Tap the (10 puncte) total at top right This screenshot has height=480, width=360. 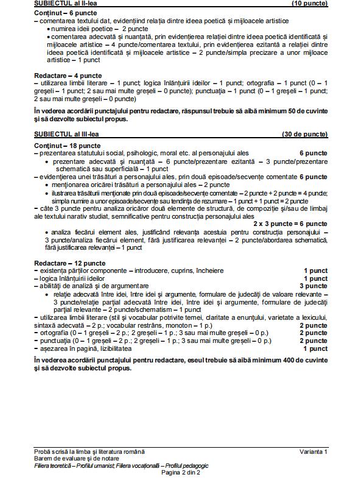tap(310, 4)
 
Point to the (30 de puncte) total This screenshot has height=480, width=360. tap(305, 133)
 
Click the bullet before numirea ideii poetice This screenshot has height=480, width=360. tap(48, 29)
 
